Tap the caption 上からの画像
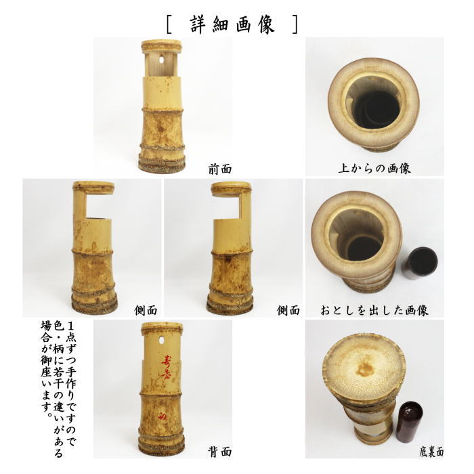coord(374,167)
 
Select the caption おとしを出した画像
coord(374,310)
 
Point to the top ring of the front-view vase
coord(162,46)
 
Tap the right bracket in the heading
coord(294,24)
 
